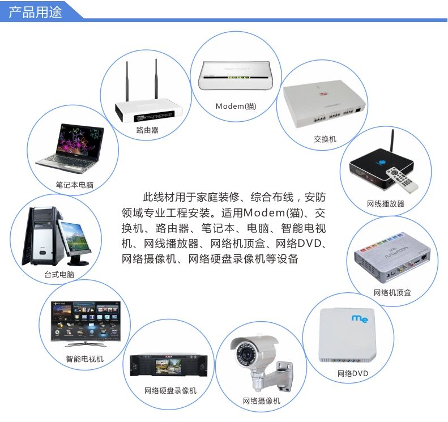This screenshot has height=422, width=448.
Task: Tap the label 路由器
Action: tap(147, 130)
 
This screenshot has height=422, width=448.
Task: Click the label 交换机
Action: tap(325, 139)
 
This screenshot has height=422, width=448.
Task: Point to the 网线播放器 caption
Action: tap(386, 203)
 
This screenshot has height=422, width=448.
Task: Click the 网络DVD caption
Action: tap(353, 373)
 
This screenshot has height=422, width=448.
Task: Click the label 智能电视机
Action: tap(85, 359)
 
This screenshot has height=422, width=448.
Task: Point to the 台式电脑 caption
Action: tap(59, 275)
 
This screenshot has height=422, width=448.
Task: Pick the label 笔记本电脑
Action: tap(74, 185)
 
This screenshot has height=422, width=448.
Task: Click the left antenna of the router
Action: tap(127, 79)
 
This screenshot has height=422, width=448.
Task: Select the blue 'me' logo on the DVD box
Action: tap(360, 319)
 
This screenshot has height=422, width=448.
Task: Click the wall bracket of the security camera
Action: tap(286, 374)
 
